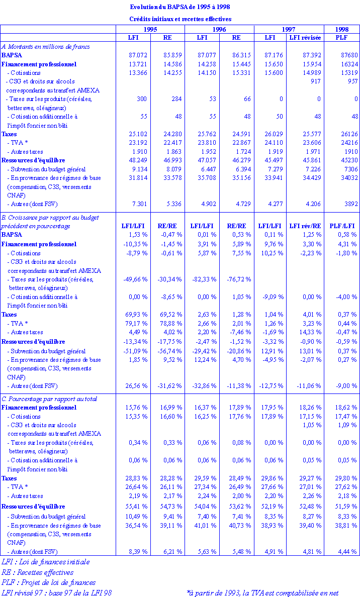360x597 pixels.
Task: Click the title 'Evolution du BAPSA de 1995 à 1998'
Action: [180, 7]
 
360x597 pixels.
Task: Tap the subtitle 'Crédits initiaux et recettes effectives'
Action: [180, 19]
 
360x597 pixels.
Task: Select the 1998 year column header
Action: [341, 29]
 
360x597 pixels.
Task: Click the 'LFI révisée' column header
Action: [306, 38]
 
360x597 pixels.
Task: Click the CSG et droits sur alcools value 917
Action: [315, 81]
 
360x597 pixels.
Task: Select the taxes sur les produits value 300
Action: [141, 99]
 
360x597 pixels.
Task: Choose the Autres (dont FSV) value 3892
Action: [349, 204]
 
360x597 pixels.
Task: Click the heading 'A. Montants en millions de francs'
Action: [46, 46]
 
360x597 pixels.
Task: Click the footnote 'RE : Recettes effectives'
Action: [37, 572]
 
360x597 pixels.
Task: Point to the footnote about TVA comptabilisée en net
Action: [262, 592]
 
